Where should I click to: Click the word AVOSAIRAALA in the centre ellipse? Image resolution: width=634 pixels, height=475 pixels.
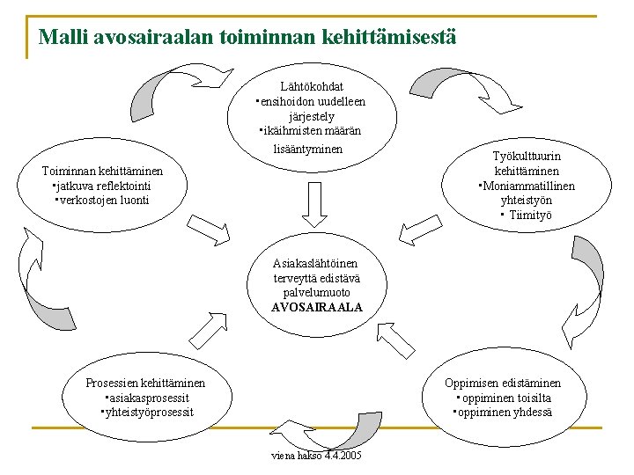(x=317, y=307)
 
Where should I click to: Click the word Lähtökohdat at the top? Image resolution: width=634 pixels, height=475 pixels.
(x=312, y=86)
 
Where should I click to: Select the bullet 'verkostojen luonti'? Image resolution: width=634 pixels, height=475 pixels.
(x=104, y=200)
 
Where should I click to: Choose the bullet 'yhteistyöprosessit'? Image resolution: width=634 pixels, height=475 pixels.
(x=147, y=413)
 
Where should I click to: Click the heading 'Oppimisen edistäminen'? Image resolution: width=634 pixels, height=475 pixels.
(x=502, y=383)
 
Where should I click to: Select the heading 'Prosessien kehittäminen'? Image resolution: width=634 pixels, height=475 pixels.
(x=145, y=383)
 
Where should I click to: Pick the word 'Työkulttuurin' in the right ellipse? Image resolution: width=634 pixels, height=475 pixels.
(x=527, y=157)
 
